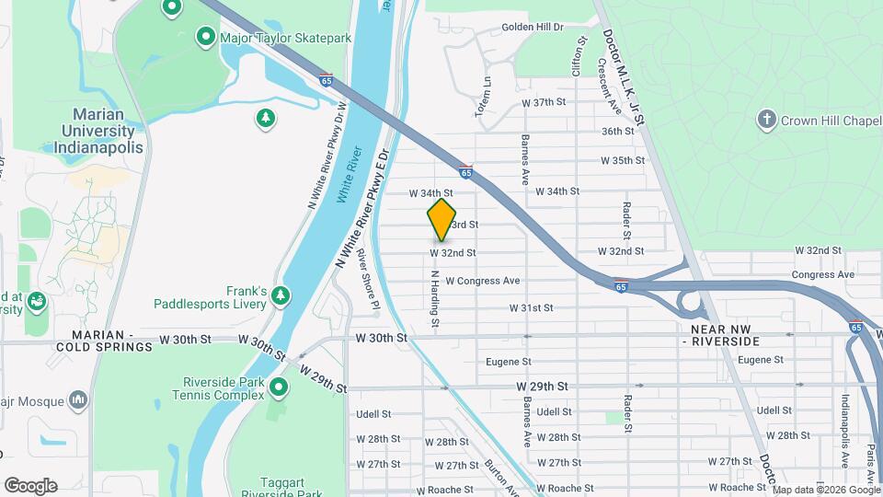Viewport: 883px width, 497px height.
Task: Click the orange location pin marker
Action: tap(441, 220)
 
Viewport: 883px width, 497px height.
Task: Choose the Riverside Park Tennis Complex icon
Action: tap(279, 388)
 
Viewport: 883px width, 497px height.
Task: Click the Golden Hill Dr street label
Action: tap(532, 28)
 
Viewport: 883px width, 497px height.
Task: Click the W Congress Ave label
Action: tap(483, 281)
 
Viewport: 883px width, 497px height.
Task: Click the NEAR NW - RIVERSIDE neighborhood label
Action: tap(726, 334)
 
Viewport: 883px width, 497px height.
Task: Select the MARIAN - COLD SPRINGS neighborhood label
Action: tap(77, 341)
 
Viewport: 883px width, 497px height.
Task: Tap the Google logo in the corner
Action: tap(30, 485)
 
